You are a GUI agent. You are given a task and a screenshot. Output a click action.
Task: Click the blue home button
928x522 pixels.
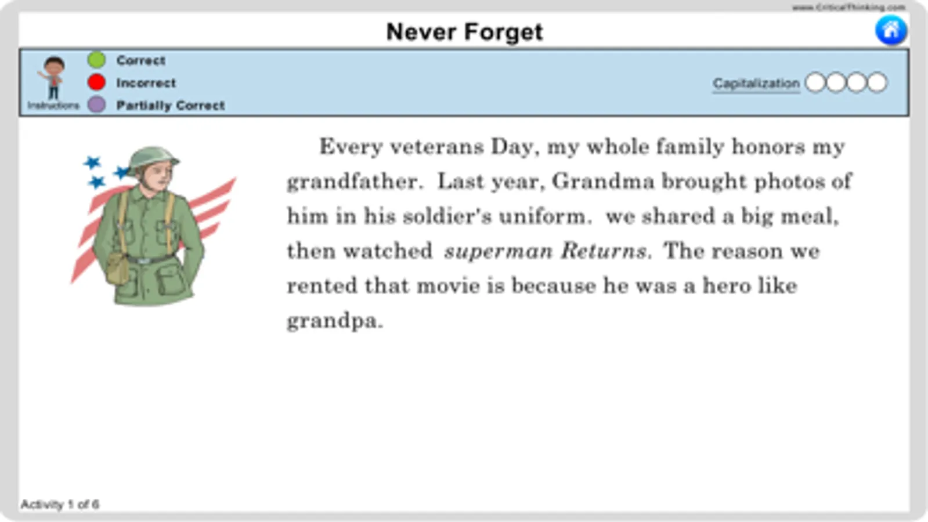891,30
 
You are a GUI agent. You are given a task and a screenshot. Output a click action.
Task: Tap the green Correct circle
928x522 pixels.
96,60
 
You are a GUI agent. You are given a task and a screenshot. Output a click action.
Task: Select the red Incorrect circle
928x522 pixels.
96,82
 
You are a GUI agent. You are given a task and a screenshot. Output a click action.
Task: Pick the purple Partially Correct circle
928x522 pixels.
96,105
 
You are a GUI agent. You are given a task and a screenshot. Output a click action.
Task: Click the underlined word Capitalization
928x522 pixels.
756,84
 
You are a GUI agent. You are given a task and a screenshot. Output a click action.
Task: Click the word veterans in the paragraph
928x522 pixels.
437,147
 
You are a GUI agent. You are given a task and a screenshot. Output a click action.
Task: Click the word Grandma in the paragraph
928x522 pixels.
603,182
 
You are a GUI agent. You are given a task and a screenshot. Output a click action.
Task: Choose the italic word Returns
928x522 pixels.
603,251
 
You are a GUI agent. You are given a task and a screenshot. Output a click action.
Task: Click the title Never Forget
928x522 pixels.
464,32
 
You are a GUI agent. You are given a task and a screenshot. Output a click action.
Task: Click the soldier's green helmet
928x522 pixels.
153,158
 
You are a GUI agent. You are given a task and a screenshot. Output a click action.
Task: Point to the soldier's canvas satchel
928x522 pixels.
118,268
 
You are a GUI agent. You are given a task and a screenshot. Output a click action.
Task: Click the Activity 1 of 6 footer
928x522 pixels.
60,504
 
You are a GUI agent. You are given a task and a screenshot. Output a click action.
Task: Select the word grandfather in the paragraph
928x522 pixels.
352,182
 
